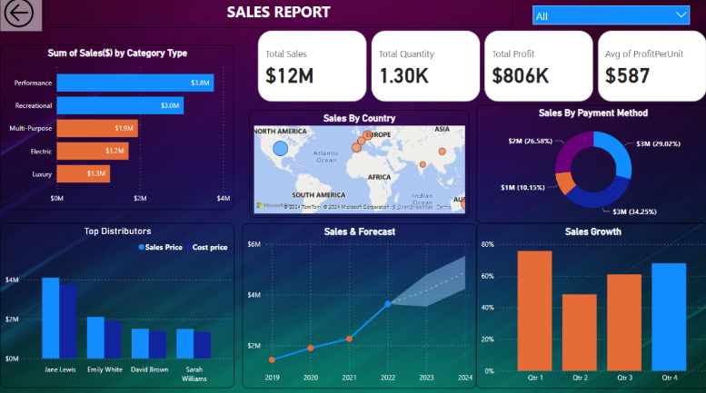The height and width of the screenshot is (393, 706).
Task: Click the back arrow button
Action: [x=17, y=14]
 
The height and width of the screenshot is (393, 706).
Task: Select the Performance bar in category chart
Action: [x=135, y=83]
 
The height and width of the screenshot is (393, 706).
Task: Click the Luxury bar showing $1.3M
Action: [x=84, y=172]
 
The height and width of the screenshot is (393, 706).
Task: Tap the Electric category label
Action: [x=41, y=151]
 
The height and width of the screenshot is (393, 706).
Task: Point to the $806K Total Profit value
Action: [x=521, y=75]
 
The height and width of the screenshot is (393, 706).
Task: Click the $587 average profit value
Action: [x=626, y=75]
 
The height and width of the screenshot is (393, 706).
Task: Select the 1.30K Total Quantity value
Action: [x=404, y=75]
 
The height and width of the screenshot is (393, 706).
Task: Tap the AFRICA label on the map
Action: [x=380, y=177]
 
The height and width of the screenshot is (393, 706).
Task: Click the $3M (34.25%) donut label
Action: [x=632, y=211]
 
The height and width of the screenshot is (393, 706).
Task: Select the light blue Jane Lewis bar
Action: [x=51, y=318]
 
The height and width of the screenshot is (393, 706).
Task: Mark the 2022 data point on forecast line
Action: [x=388, y=303]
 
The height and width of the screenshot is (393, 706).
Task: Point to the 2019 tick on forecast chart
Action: [x=272, y=377]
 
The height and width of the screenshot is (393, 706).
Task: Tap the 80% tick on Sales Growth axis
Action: [x=486, y=244]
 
